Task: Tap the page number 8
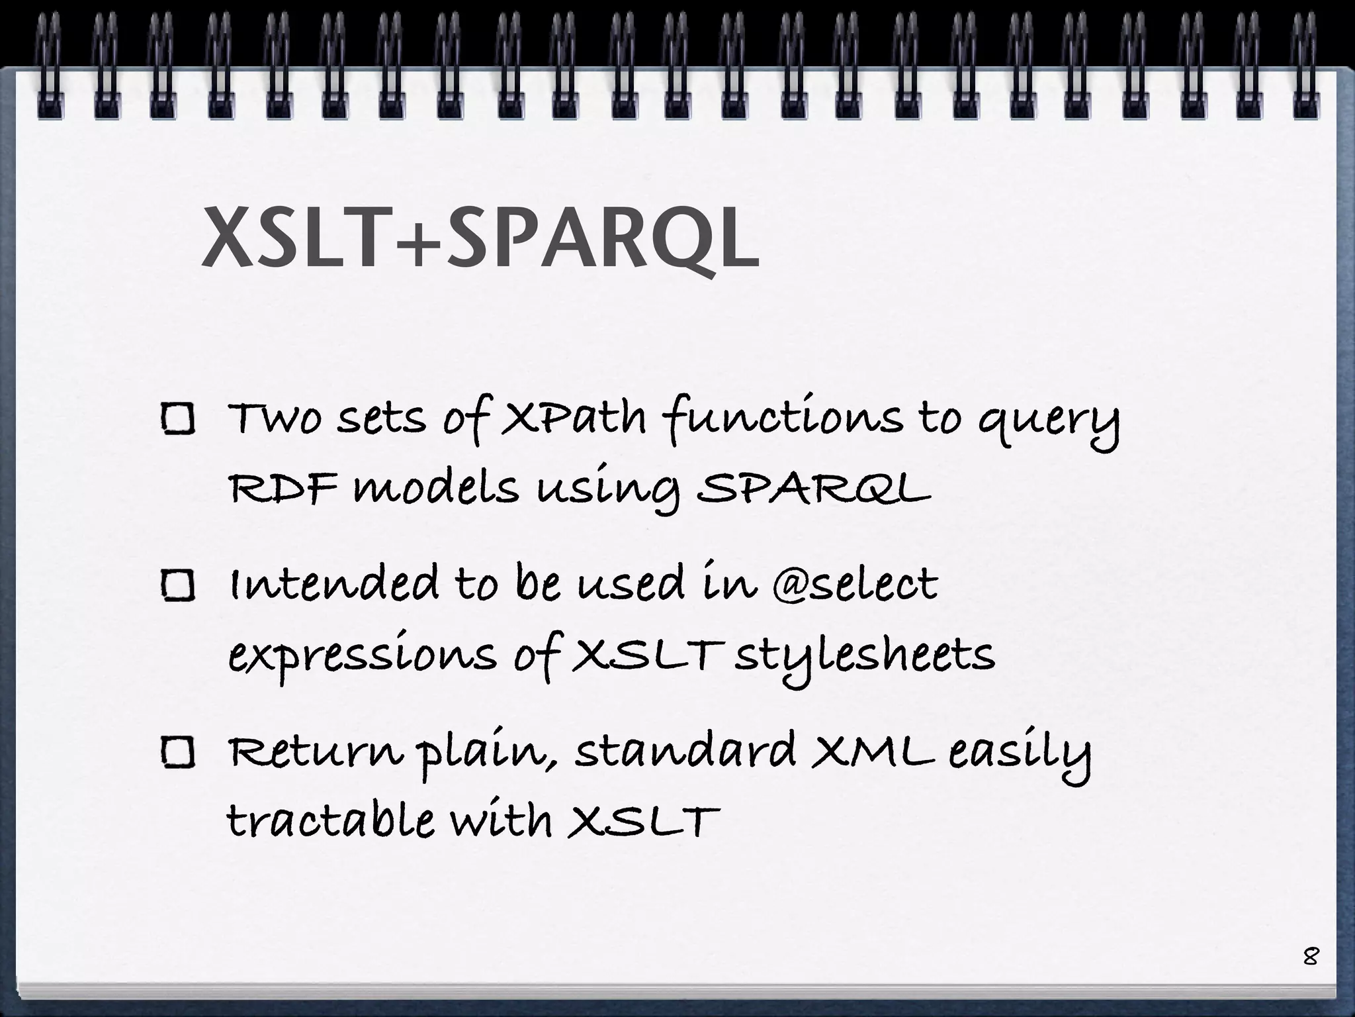pyautogui.click(x=1310, y=957)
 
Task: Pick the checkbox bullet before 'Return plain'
pyautogui.click(x=178, y=753)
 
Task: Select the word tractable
pyautogui.click(x=331, y=821)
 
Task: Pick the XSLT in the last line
pyautogui.click(x=644, y=821)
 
